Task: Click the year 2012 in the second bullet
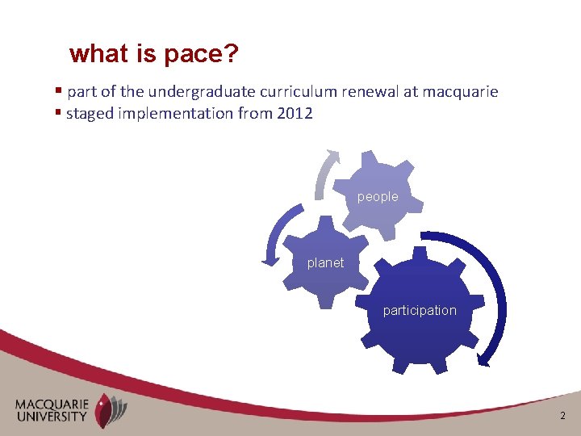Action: point(295,113)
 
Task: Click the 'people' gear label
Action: point(378,196)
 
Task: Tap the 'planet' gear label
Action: point(325,262)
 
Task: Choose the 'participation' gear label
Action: point(420,310)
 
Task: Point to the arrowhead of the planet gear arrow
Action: point(269,259)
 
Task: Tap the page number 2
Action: point(563,416)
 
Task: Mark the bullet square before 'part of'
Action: point(59,91)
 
